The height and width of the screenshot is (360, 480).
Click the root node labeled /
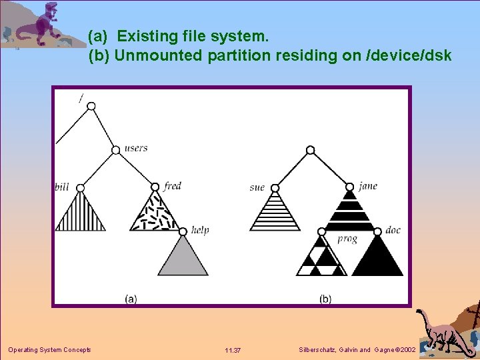coord(91,106)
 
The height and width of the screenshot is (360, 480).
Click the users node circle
coord(117,149)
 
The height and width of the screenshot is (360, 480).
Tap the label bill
coord(62,187)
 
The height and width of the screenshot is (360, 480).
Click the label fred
coord(172,186)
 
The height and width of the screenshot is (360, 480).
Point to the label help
coord(200,230)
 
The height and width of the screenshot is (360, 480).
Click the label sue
coord(257,187)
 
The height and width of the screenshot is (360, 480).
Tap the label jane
coord(367,186)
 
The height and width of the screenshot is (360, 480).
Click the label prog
coord(347,239)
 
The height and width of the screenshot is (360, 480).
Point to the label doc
coord(393,230)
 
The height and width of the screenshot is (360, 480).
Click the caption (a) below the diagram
coord(131,299)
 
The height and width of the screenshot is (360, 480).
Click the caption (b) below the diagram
coord(325,299)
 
